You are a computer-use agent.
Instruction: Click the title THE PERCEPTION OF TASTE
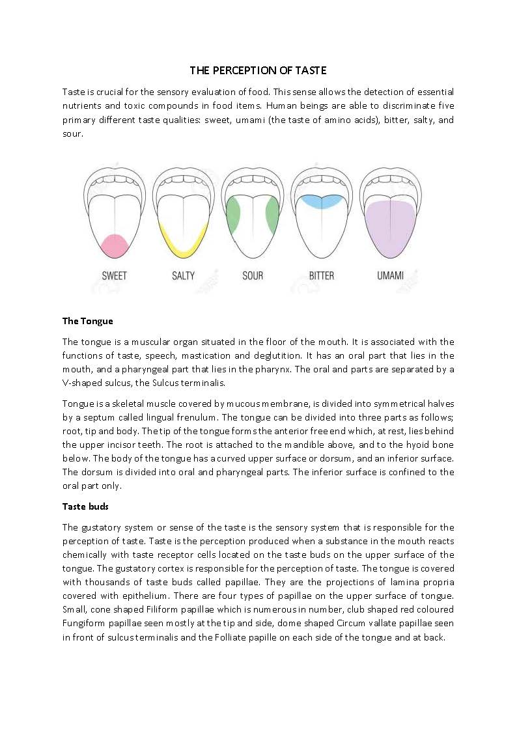tap(258, 70)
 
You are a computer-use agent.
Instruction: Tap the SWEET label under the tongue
tap(115, 275)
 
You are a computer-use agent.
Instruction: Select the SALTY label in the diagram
tap(184, 275)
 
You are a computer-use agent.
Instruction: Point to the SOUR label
tap(253, 275)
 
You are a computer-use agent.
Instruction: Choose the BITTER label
tap(322, 275)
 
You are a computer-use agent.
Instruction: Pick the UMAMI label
tap(391, 275)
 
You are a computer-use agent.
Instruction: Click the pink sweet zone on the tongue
tap(115, 245)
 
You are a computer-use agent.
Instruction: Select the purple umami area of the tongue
tap(391, 228)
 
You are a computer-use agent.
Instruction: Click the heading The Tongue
tap(87, 320)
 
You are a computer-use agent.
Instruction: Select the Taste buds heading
tap(85, 506)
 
